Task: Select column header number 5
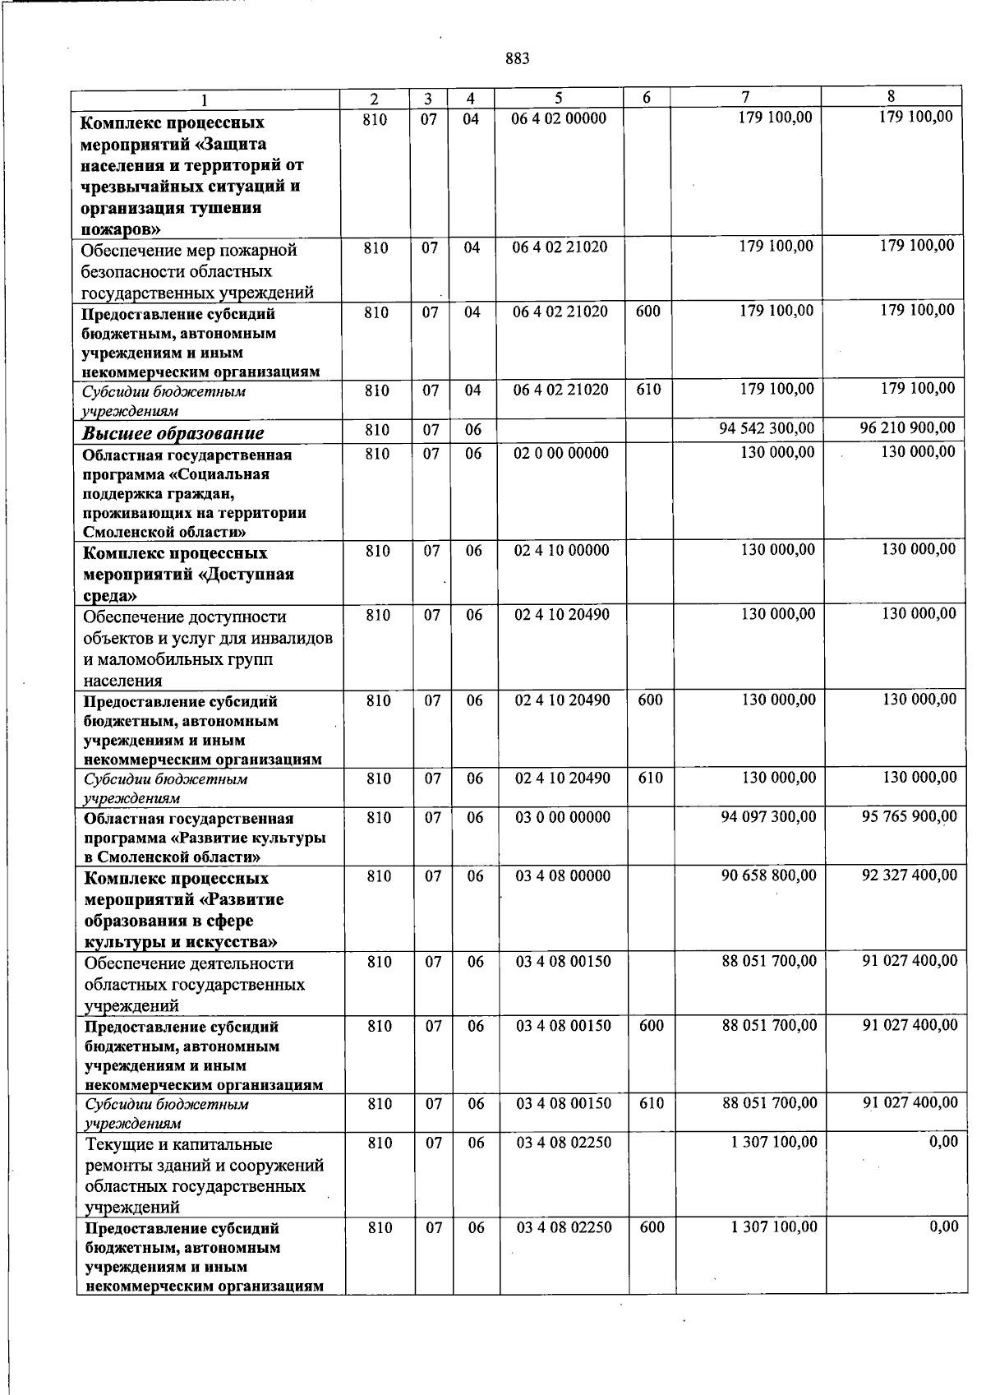pyautogui.click(x=558, y=98)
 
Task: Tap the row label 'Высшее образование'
pyautogui.click(x=173, y=432)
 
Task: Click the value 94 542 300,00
pyautogui.click(x=767, y=428)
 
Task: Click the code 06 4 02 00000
pyautogui.click(x=559, y=118)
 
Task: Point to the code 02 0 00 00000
pyautogui.click(x=561, y=453)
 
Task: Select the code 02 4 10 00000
pyautogui.click(x=562, y=550)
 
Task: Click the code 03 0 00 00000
pyautogui.click(x=563, y=817)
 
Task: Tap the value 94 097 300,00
pyautogui.click(x=768, y=816)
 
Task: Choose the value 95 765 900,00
pyautogui.click(x=909, y=816)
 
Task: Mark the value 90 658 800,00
pyautogui.click(x=769, y=875)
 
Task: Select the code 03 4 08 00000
pyautogui.click(x=563, y=876)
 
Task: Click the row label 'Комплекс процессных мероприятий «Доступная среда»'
pyautogui.click(x=189, y=574)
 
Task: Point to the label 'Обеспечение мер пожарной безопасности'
pyautogui.click(x=189, y=261)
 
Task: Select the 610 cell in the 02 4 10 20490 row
pyautogui.click(x=650, y=778)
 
